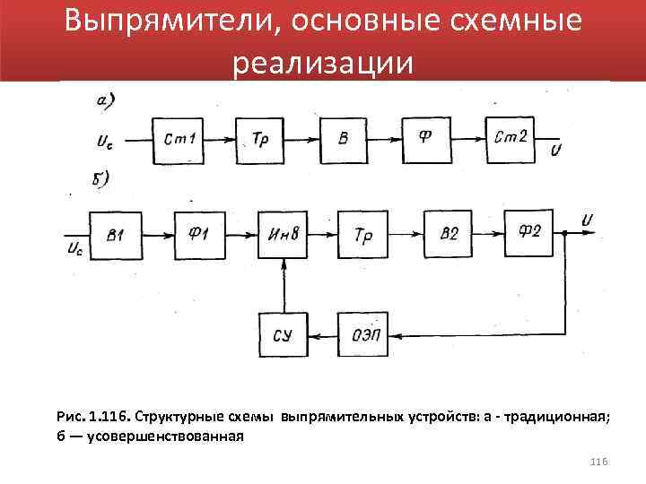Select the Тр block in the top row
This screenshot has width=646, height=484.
261,140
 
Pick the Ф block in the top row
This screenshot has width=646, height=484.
429,140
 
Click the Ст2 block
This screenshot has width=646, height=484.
511,140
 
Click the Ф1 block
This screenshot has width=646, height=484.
200,235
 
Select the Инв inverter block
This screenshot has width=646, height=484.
284,235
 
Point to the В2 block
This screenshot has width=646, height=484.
449,235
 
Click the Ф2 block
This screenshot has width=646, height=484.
531,233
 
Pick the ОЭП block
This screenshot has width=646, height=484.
364,334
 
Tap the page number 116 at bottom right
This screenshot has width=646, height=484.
599,461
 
